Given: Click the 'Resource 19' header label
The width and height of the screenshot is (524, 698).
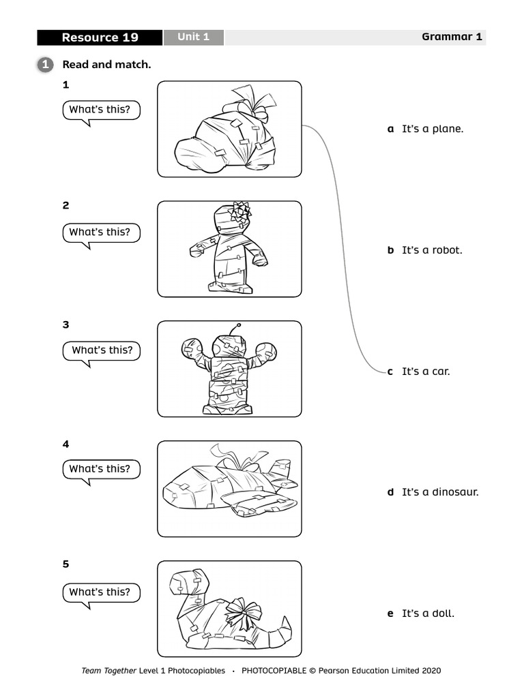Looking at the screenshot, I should pyautogui.click(x=100, y=37).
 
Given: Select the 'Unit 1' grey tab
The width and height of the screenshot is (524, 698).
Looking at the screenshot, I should pyautogui.click(x=193, y=37).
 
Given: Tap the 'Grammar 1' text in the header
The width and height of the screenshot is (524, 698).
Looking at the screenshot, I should pyautogui.click(x=451, y=37).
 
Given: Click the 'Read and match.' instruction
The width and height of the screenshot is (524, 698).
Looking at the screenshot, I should pyautogui.click(x=106, y=65).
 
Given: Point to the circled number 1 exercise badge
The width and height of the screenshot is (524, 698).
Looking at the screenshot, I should pyautogui.click(x=44, y=65).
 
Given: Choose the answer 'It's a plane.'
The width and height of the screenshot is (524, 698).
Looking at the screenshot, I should pyautogui.click(x=432, y=129).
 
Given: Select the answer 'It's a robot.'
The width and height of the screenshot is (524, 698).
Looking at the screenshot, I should pyautogui.click(x=432, y=250).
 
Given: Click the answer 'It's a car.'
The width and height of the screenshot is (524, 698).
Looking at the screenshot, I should pyautogui.click(x=425, y=371).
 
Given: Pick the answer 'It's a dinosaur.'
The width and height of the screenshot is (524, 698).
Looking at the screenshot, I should pyautogui.click(x=440, y=492).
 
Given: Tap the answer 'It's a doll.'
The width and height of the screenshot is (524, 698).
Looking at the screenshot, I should pyautogui.click(x=428, y=613).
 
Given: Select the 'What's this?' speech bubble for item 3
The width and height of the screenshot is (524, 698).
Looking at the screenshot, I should pyautogui.click(x=102, y=351).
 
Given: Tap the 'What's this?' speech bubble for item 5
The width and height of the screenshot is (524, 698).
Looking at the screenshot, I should pyautogui.click(x=100, y=592).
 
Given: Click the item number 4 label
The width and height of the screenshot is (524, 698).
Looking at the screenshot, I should pyautogui.click(x=65, y=444).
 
